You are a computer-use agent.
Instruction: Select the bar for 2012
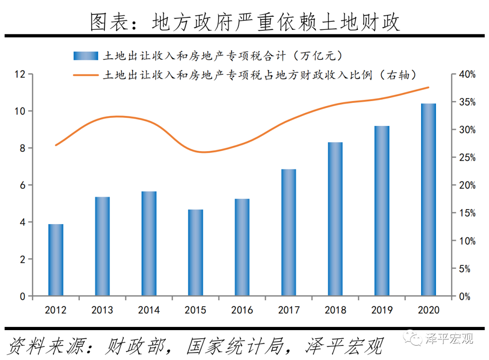pyautogui.click(x=56, y=260)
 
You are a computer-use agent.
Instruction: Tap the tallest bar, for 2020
pyautogui.click(x=428, y=200)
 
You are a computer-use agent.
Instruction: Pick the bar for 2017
pyautogui.click(x=288, y=233)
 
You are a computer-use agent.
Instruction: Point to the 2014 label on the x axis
pyautogui.click(x=149, y=310)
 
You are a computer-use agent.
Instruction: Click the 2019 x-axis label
pyautogui.click(x=382, y=310)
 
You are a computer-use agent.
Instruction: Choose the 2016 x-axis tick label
pyautogui.click(x=242, y=310)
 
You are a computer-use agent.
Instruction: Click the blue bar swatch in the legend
pyautogui.click(x=86, y=56)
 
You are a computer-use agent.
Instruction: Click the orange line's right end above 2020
pyautogui.click(x=428, y=87)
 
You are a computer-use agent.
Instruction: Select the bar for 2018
pyautogui.click(x=336, y=219)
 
